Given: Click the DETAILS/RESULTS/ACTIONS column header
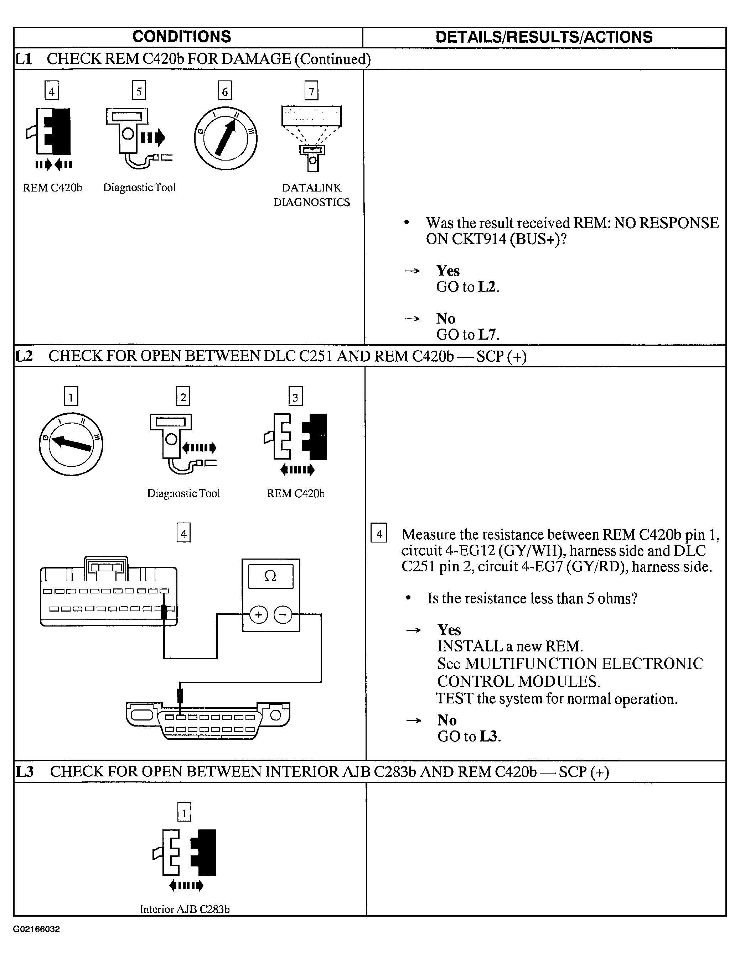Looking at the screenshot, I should [544, 37].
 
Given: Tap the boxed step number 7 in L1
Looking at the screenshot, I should [311, 91].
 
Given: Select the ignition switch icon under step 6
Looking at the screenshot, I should [226, 139].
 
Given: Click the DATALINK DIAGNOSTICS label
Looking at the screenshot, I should [311, 195].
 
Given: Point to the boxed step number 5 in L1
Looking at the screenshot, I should [139, 91].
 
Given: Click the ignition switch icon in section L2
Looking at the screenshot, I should [71, 444].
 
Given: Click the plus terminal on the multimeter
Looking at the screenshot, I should [258, 615].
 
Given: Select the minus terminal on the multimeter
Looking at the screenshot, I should [283, 615].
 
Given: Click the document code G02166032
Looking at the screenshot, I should [36, 929].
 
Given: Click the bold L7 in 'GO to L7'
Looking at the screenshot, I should [488, 335].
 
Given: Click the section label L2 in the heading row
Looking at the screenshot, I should [24, 356].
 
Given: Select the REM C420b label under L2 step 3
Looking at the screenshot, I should [295, 493].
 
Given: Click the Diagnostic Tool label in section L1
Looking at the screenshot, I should [139, 188].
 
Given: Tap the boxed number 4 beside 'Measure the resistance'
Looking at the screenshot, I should [379, 534].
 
